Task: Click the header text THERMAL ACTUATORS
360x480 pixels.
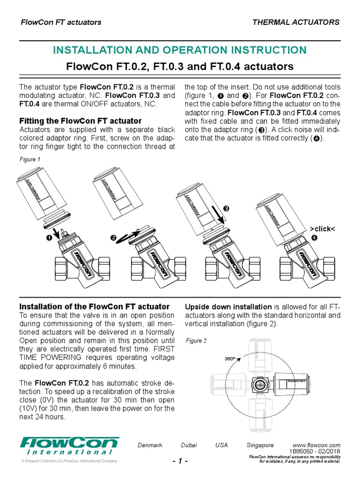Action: pos(296,22)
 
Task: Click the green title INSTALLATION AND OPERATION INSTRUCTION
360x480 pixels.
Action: pos(180,50)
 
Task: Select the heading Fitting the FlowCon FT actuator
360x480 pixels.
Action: pos(80,120)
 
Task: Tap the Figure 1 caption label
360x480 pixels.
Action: pos(30,159)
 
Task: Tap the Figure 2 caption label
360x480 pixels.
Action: pos(196,341)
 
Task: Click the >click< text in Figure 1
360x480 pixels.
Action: pos(322,228)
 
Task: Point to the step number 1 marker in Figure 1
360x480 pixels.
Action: pos(48,239)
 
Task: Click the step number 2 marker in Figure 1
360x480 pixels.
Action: pos(113,239)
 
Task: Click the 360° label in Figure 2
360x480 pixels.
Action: pos(230,359)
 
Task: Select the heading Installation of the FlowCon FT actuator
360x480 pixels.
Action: pos(94,307)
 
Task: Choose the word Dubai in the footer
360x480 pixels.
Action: pos(189,445)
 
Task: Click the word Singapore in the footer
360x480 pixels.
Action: pos(260,445)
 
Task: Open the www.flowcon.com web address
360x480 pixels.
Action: pos(316,445)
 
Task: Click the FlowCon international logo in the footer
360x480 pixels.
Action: pos(69,446)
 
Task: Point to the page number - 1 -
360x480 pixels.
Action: pos(180,461)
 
